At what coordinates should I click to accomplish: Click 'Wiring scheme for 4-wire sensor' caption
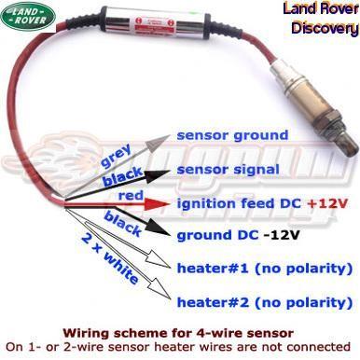tap(179, 332)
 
